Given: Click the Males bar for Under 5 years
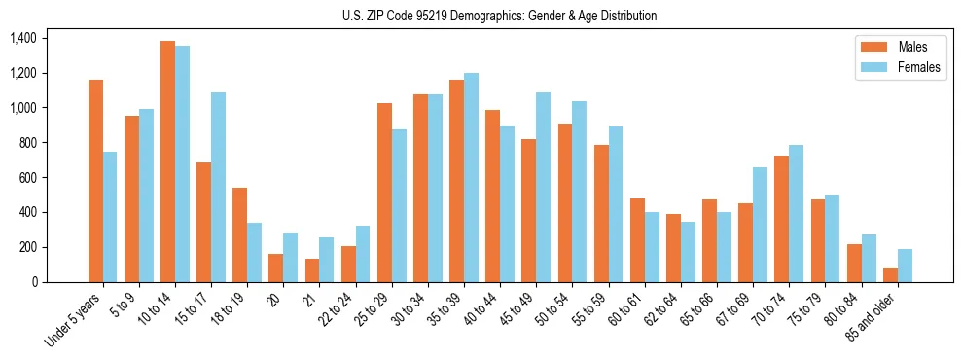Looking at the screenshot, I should click(95, 181).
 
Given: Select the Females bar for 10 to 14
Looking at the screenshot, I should click(183, 163).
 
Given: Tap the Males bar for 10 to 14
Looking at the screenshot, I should click(168, 162).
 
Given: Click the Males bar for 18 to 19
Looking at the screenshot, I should click(240, 234).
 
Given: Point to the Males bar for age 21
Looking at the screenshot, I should click(312, 270).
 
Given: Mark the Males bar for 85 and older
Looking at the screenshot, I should click(890, 274).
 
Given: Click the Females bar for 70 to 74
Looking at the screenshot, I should click(797, 213).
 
